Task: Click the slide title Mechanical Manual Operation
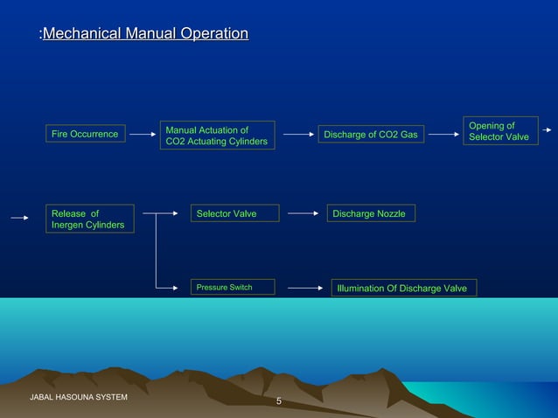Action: pos(144,34)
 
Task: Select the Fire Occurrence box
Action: pos(85,134)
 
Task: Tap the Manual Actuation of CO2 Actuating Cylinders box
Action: pos(217,136)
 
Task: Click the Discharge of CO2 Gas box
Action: pos(371,135)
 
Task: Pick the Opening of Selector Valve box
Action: pos(498,131)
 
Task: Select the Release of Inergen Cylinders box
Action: pos(90,219)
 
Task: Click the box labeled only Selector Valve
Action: pos(234,213)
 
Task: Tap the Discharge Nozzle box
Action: pos(371,213)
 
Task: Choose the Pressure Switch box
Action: pos(233,287)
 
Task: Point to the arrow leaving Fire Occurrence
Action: pos(142,135)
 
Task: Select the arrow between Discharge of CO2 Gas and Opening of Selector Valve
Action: pos(443,135)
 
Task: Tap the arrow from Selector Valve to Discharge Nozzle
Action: pos(303,213)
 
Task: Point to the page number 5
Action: pos(279,401)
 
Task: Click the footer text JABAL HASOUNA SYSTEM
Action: pos(79,398)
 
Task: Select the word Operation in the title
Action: pos(214,34)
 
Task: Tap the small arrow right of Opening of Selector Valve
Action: pos(547,130)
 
